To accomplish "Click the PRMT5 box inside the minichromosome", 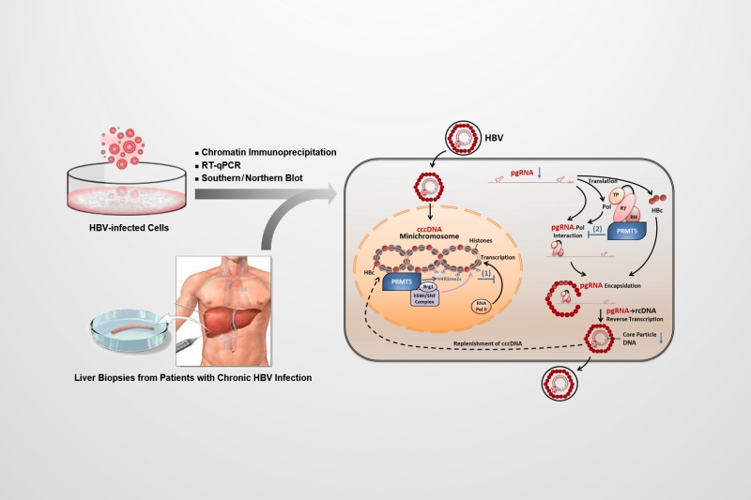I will click(x=400, y=280).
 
